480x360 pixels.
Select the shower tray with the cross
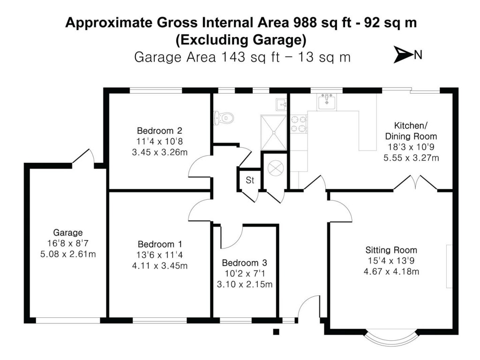coord(273,132)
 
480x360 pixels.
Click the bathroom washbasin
coord(281,104)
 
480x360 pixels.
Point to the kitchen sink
coord(327,102)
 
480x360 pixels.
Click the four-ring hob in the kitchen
coord(299,123)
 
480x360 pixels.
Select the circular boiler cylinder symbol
coord(274,168)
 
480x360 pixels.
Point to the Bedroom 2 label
coord(153,130)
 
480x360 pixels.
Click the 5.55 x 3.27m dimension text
coord(411,157)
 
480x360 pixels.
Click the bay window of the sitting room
coord(391,338)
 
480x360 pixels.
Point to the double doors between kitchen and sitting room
coord(415,184)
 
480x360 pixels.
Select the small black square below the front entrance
coord(276,332)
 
